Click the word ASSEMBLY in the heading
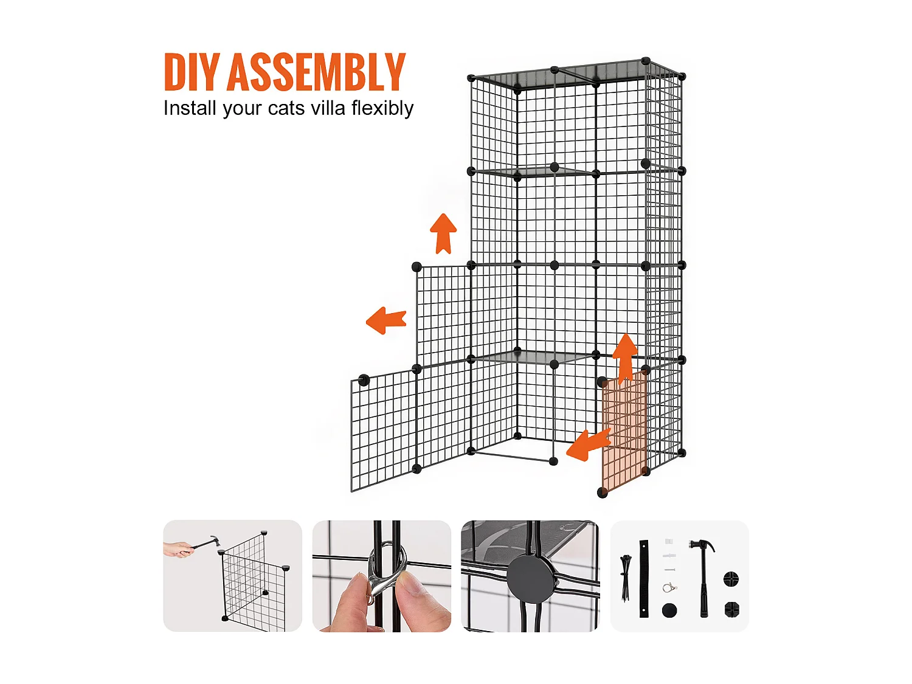[316, 72]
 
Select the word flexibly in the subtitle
[382, 109]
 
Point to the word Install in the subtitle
[190, 108]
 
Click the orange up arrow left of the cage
[443, 233]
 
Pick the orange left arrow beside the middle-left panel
[386, 320]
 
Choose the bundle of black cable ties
[625, 577]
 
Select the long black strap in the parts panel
[644, 578]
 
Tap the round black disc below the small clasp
[669, 610]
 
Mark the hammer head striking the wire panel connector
[215, 541]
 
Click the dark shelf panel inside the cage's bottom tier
[533, 357]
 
